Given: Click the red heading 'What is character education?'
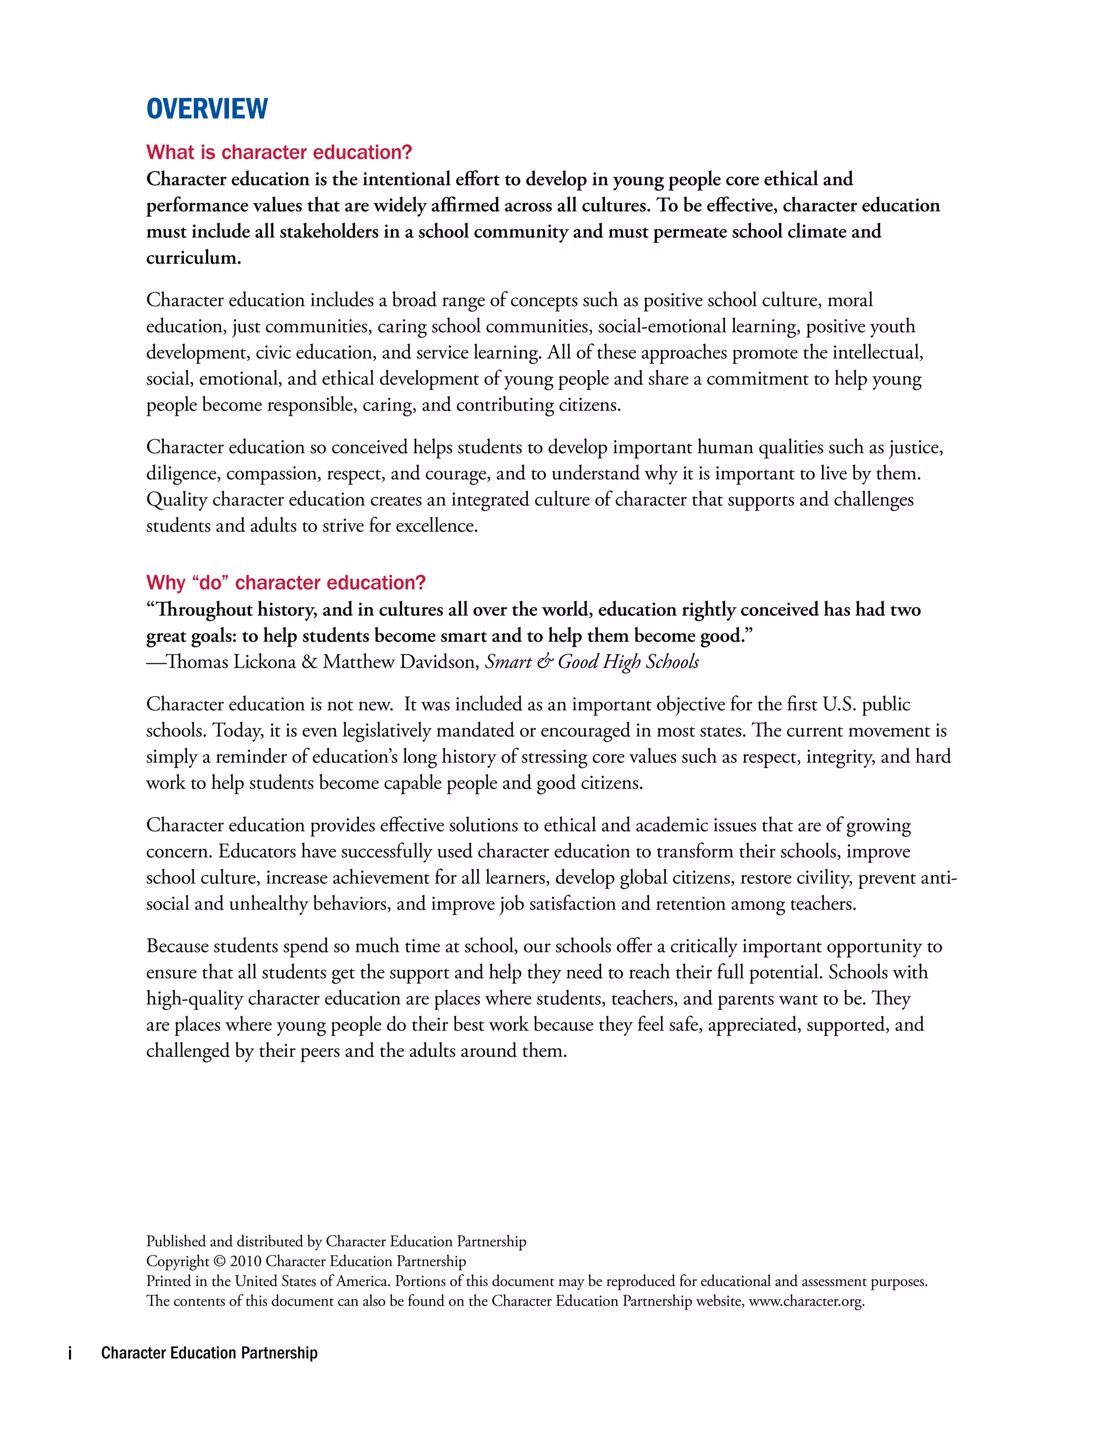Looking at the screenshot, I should pyautogui.click(x=279, y=153).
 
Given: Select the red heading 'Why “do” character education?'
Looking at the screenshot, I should pyautogui.click(x=286, y=582).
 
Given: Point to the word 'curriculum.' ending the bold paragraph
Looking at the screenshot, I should pyautogui.click(x=194, y=258).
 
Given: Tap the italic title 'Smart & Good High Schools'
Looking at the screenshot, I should pyautogui.click(x=592, y=662).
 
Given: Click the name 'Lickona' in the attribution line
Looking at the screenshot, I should pyautogui.click(x=264, y=662).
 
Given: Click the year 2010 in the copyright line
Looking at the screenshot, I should pyautogui.click(x=245, y=1261).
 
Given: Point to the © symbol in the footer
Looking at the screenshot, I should pyautogui.click(x=219, y=1261).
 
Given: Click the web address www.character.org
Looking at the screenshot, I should pyautogui.click(x=806, y=1301).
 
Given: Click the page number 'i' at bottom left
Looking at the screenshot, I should pyautogui.click(x=70, y=1354).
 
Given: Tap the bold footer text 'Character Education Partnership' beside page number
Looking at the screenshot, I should pyautogui.click(x=209, y=1353).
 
